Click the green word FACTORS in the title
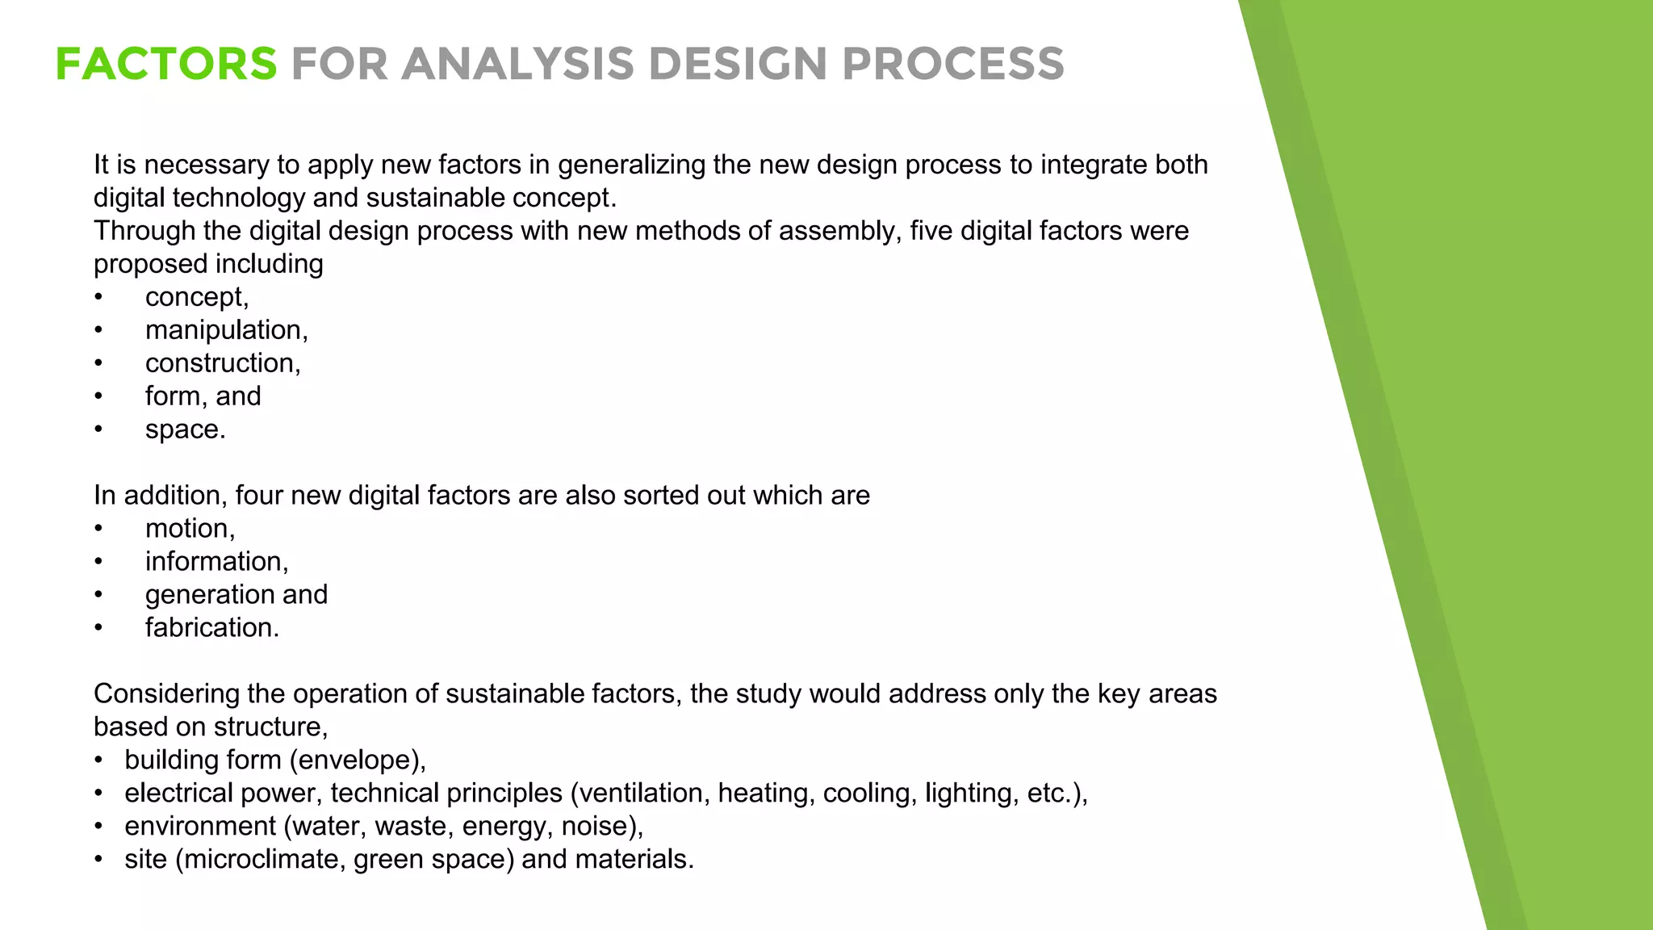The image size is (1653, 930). (x=166, y=65)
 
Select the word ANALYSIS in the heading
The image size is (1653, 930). (x=517, y=65)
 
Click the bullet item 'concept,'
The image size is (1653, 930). (x=197, y=297)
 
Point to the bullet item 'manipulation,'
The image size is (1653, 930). (x=226, y=330)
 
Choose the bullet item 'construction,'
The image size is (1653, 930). (x=223, y=363)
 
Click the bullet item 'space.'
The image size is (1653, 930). (x=185, y=429)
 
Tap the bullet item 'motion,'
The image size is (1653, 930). (x=190, y=529)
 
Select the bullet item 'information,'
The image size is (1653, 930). (x=216, y=562)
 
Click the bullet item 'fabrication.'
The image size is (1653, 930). (x=212, y=628)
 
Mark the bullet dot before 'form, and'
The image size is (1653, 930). (x=98, y=396)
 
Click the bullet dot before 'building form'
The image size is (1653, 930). (x=98, y=760)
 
